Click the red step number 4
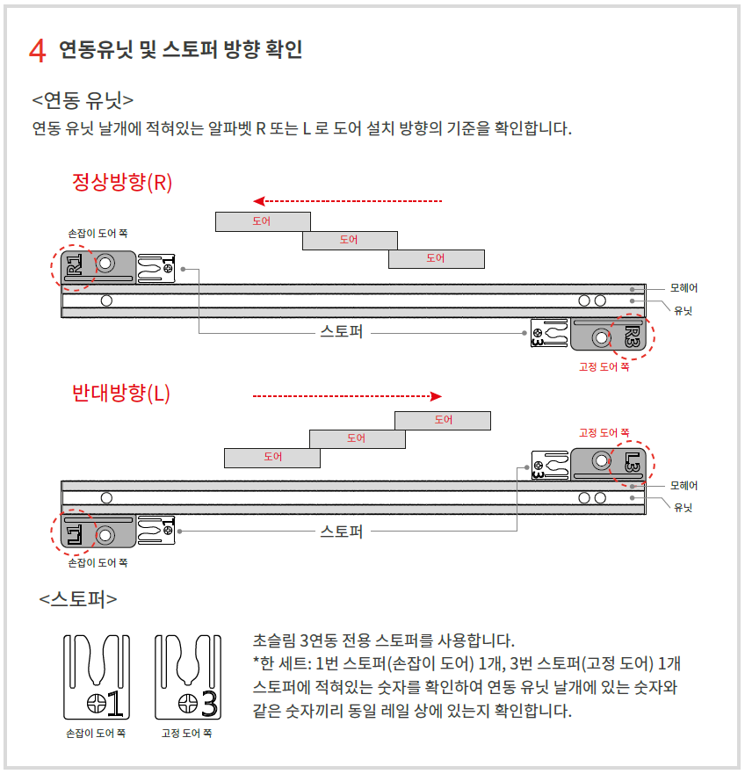click(37, 50)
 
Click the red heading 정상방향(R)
click(122, 182)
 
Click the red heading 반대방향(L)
click(121, 393)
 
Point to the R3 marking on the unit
click(632, 336)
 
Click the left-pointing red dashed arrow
click(347, 201)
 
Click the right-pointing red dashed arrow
click(347, 396)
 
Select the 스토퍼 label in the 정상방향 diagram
click(342, 333)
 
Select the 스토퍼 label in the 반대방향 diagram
click(342, 532)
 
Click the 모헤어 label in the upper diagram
click(684, 287)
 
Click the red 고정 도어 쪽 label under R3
click(604, 367)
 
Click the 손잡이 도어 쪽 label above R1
click(98, 234)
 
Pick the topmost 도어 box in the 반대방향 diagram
click(443, 420)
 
